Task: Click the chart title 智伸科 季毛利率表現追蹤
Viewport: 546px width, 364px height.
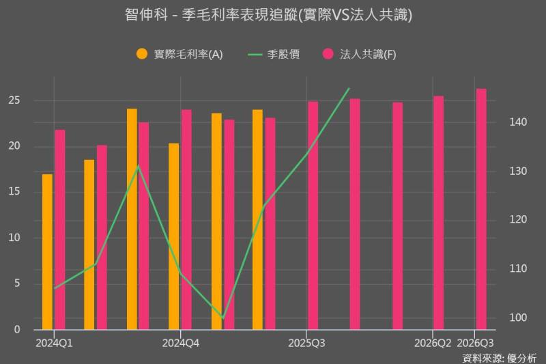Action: (273, 14)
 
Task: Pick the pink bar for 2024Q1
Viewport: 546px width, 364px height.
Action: (60, 229)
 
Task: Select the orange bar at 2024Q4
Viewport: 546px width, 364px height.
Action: (173, 236)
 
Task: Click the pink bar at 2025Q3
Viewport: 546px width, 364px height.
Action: (313, 215)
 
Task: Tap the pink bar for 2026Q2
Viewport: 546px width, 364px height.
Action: (438, 212)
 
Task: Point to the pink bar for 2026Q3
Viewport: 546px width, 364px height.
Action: (481, 209)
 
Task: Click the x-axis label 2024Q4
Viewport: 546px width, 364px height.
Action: (181, 341)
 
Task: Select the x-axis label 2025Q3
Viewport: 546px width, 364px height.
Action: (306, 341)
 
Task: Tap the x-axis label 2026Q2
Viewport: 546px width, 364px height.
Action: (433, 341)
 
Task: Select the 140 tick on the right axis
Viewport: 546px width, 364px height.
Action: (518, 122)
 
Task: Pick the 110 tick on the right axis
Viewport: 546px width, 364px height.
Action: (518, 269)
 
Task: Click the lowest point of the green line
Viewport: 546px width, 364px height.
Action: (222, 318)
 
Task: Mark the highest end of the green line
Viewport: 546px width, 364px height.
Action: (349, 89)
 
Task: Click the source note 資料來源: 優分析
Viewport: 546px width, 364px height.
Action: (499, 357)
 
